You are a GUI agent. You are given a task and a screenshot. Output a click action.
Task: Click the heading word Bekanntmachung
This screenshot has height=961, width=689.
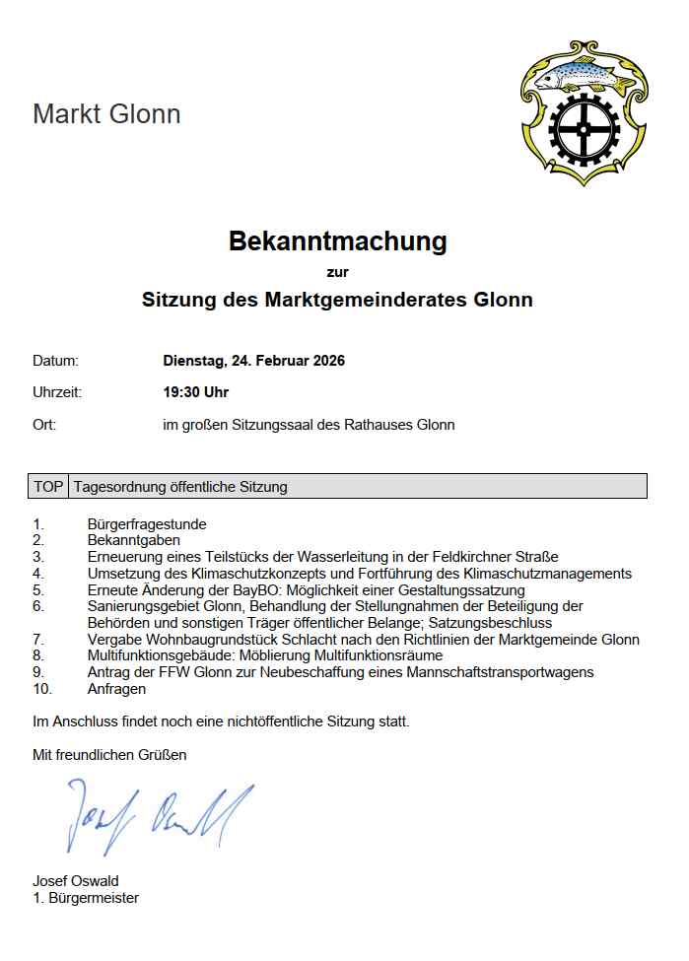click(x=337, y=240)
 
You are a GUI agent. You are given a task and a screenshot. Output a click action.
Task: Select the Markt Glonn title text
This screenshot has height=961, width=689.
click(x=106, y=114)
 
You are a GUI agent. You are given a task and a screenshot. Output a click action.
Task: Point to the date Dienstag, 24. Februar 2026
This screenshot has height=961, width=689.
click(x=253, y=361)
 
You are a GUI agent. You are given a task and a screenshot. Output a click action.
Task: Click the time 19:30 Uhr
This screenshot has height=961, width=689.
click(x=195, y=392)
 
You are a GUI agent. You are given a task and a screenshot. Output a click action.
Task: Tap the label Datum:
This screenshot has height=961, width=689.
click(x=55, y=361)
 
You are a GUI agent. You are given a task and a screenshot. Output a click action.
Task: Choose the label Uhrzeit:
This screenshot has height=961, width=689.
click(x=57, y=392)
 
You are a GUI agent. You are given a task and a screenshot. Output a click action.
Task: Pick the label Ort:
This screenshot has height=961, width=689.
click(x=44, y=425)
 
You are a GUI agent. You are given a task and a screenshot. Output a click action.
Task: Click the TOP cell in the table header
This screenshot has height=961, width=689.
click(x=48, y=487)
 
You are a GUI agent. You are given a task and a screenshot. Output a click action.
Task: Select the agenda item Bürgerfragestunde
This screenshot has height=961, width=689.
click(x=147, y=524)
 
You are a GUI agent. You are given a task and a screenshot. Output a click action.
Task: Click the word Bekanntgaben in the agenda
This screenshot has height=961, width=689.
click(x=133, y=540)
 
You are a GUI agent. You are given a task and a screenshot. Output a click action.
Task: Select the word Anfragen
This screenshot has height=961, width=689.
click(x=116, y=689)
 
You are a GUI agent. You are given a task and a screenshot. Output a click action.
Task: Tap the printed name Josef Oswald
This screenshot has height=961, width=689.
click(x=76, y=881)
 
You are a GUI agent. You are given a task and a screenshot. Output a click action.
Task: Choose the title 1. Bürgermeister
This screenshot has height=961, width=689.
click(x=86, y=898)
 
